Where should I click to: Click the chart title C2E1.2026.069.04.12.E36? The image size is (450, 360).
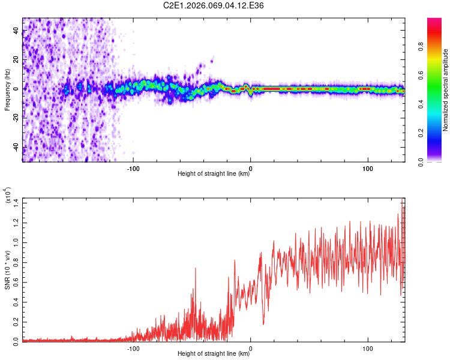click(214, 5)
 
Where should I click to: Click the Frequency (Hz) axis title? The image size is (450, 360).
click(8, 89)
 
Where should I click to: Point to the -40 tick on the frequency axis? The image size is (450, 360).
click(15, 148)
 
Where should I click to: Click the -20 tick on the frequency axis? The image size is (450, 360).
click(15, 118)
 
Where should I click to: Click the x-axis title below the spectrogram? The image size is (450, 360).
click(214, 174)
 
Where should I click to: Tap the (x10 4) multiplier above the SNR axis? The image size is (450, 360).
click(8, 196)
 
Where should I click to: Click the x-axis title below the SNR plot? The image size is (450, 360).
click(214, 354)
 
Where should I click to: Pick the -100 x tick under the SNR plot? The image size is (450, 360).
click(133, 347)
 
